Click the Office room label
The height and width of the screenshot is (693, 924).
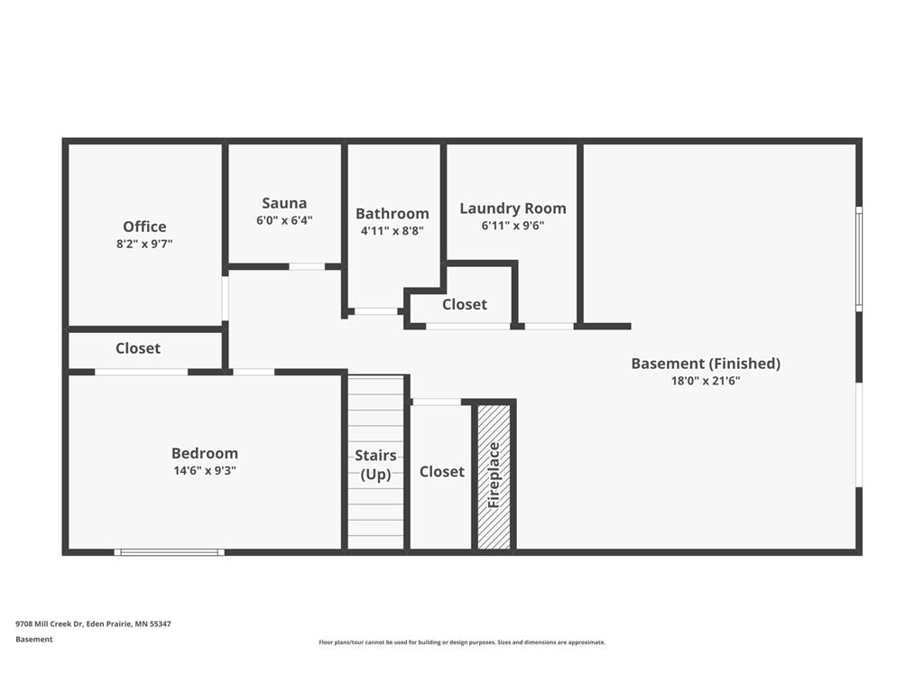(x=144, y=226)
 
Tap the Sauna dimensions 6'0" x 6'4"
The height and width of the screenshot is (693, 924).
(x=284, y=220)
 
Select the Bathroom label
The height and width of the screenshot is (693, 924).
(x=392, y=213)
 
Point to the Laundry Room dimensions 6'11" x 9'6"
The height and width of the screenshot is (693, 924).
(x=513, y=226)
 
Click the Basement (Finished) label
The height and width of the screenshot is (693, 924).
(x=706, y=364)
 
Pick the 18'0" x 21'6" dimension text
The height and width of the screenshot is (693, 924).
(x=706, y=381)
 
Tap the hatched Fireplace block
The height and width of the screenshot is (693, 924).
(x=494, y=476)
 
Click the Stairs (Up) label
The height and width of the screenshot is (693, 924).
(x=375, y=465)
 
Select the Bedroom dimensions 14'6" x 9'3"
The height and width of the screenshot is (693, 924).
(x=205, y=470)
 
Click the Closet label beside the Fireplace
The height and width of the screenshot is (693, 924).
(x=442, y=471)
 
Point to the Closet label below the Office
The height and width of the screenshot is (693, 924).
(x=138, y=348)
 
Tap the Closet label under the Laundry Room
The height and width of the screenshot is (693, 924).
(x=465, y=305)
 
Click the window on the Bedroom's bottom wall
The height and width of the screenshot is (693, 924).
(x=169, y=552)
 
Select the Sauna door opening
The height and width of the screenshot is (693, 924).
(x=307, y=267)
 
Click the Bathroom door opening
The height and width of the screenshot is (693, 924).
(x=375, y=311)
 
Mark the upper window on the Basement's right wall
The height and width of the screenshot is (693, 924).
(x=859, y=259)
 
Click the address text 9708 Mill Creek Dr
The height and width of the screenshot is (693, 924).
(x=51, y=624)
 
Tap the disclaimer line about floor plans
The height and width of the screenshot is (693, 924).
(x=462, y=642)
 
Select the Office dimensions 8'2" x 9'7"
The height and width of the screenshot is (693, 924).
(x=144, y=244)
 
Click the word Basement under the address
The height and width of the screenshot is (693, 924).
(x=34, y=640)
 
